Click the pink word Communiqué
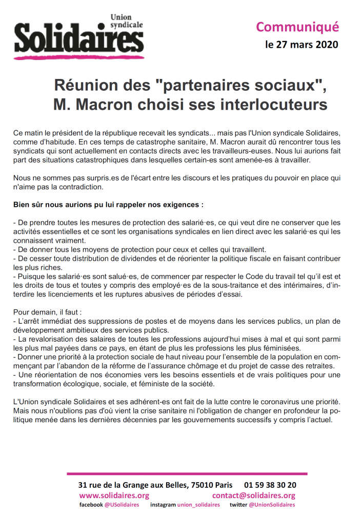tap(297, 26)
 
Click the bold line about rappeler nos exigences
tap(108, 204)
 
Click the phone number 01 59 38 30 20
tap(270, 485)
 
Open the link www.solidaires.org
tap(114, 495)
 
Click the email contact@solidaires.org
tap(254, 495)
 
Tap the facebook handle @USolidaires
tap(122, 505)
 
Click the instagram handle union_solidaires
tap(198, 505)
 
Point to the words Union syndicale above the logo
tap(127, 21)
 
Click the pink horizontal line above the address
tap(187, 473)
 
